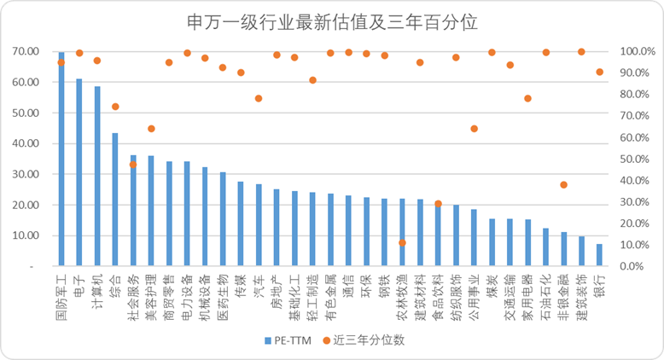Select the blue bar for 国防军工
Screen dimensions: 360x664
(x=61, y=162)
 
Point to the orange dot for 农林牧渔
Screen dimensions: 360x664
(x=402, y=243)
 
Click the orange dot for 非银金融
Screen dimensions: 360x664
(x=563, y=185)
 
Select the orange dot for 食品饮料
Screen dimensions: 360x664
(x=438, y=204)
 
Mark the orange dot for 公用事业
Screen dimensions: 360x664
(x=474, y=129)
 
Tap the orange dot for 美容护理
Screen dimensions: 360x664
(x=151, y=129)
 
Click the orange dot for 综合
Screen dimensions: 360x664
(x=115, y=107)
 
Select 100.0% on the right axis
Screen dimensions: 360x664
(x=635, y=51)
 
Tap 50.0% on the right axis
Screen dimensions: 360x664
(x=637, y=159)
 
